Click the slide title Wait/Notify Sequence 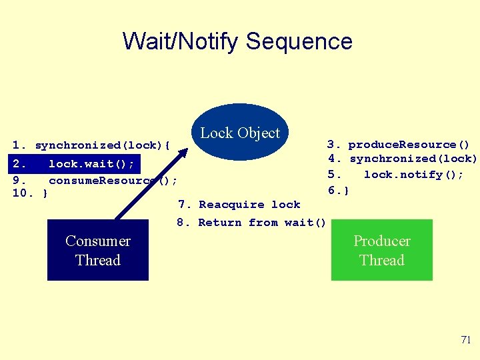pyautogui.click(x=237, y=41)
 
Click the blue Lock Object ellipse pyautogui.click(x=240, y=132)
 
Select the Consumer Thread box pyautogui.click(x=97, y=251)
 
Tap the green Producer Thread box pyautogui.click(x=381, y=251)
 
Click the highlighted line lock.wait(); pyautogui.click(x=74, y=163)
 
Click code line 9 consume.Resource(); pyautogui.click(x=95, y=180)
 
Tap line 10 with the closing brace pyautogui.click(x=30, y=194)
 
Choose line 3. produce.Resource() pyautogui.click(x=399, y=145)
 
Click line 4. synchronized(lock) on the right pyautogui.click(x=403, y=159)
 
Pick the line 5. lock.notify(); pyautogui.click(x=396, y=175)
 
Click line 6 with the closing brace pyautogui.click(x=339, y=190)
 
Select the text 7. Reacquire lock pyautogui.click(x=239, y=205)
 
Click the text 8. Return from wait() pyautogui.click(x=252, y=223)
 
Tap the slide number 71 pyautogui.click(x=465, y=340)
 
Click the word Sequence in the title pyautogui.click(x=299, y=41)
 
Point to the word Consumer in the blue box pyautogui.click(x=97, y=241)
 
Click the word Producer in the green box pyautogui.click(x=381, y=241)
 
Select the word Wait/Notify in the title pyautogui.click(x=181, y=41)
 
